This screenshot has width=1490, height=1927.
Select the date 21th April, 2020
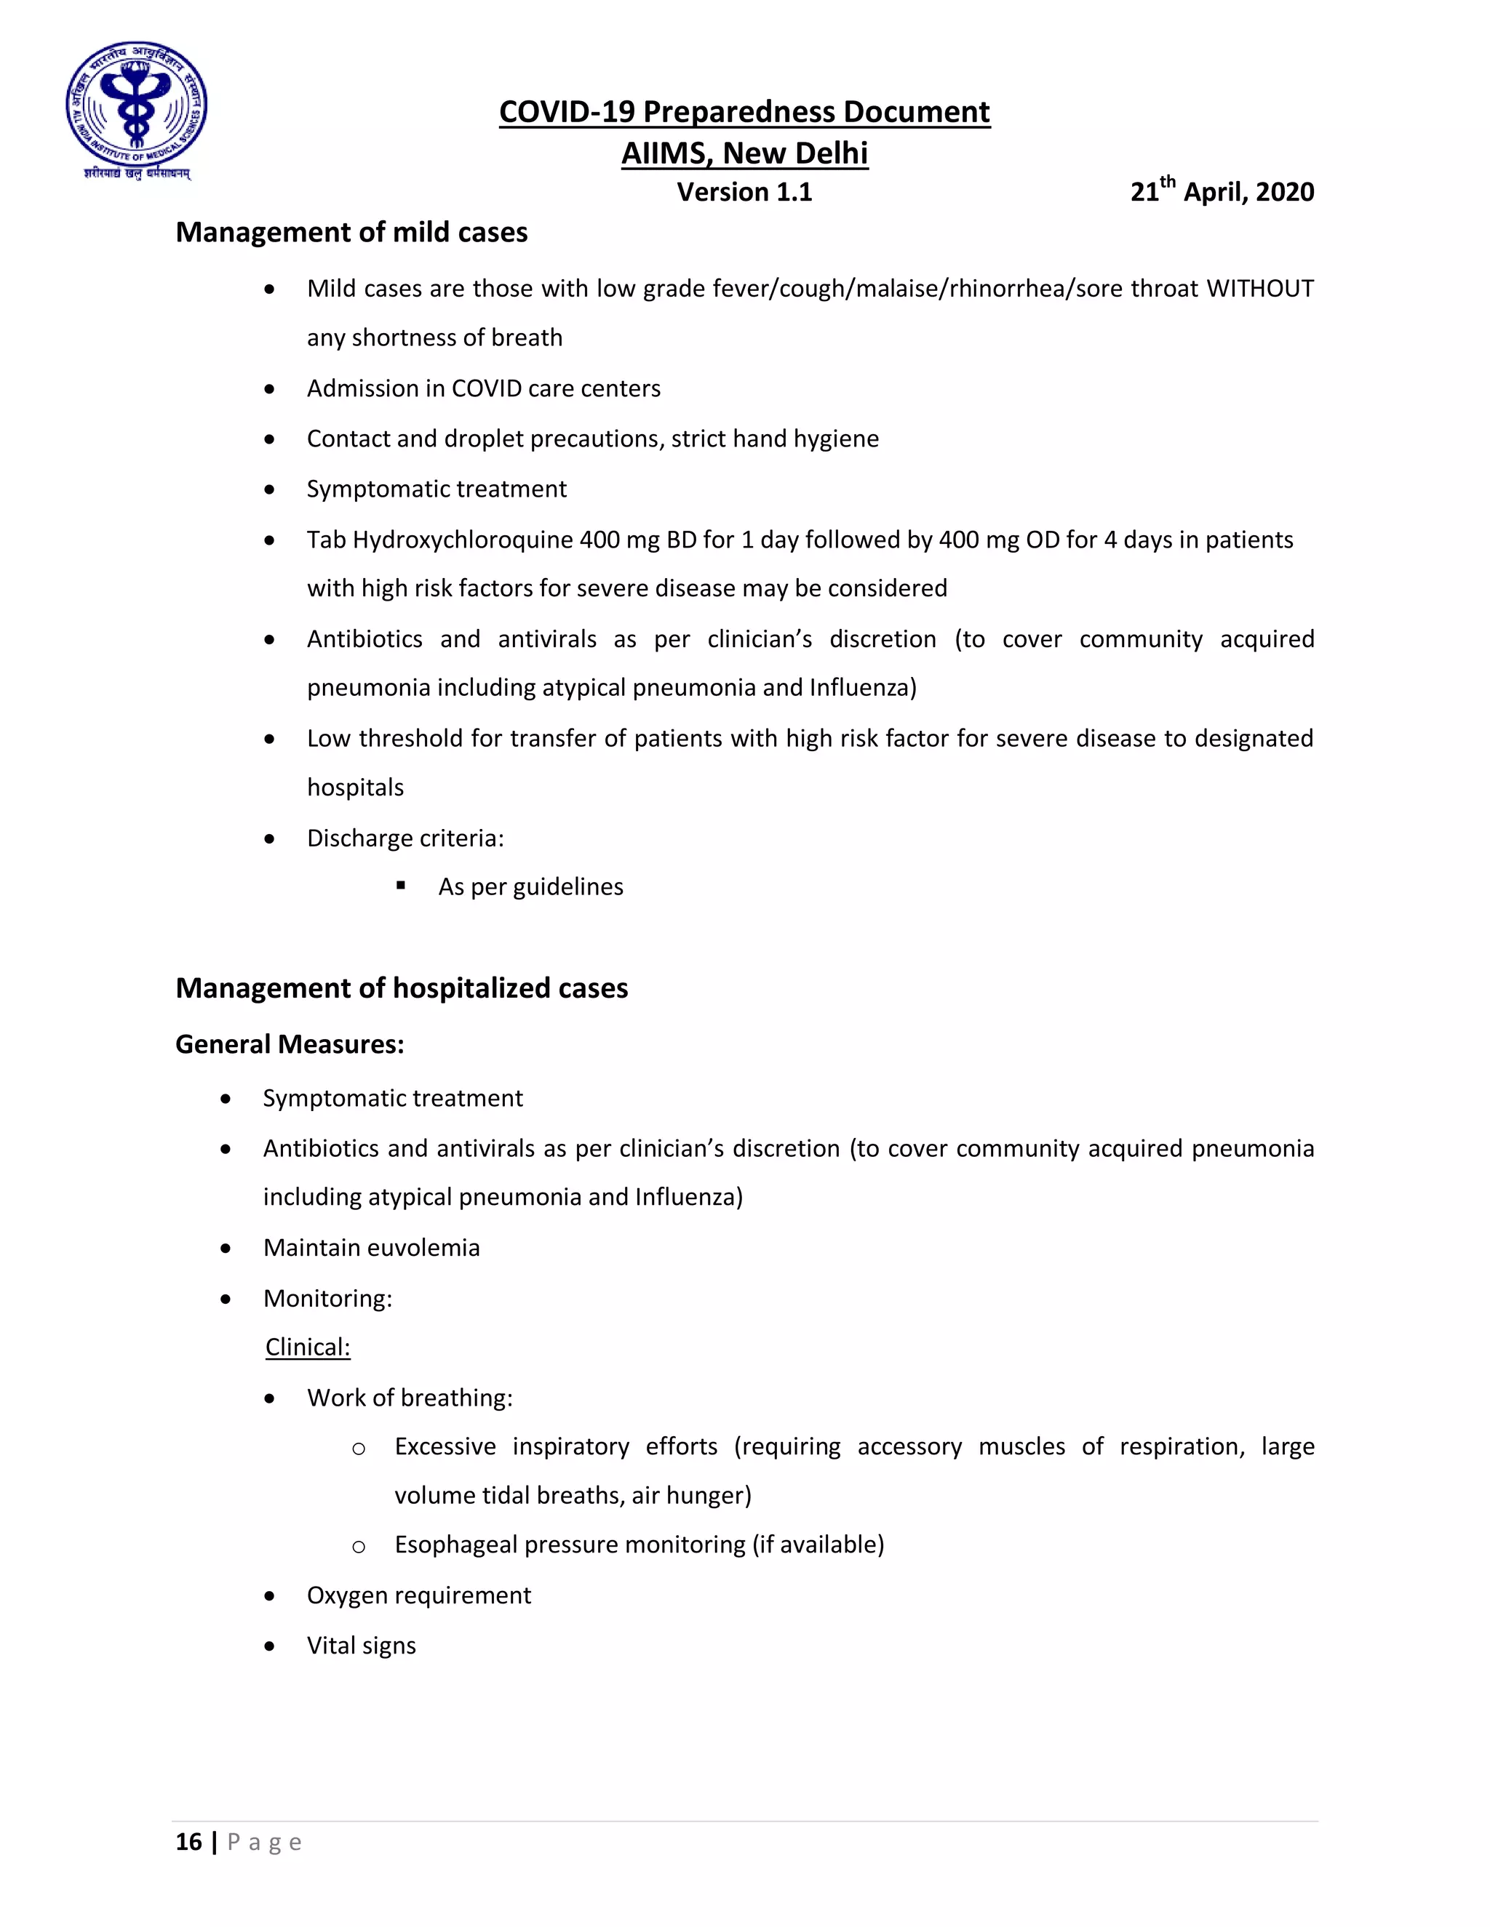(x=1222, y=191)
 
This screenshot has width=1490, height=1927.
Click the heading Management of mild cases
(x=351, y=232)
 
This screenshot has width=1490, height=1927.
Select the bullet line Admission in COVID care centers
(x=483, y=388)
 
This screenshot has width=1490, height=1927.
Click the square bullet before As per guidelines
(x=401, y=885)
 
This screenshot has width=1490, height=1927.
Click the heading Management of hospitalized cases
(x=402, y=987)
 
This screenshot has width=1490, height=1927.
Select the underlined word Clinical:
(x=307, y=1347)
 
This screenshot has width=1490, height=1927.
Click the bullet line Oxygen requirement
(x=418, y=1595)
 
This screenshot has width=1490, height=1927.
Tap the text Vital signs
(x=361, y=1645)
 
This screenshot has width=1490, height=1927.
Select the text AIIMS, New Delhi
(x=744, y=153)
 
